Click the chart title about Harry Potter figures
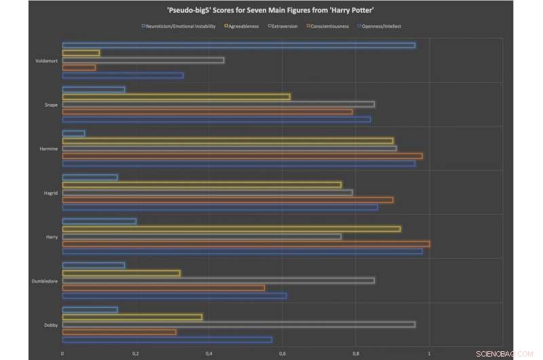271,12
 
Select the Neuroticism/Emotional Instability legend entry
179,26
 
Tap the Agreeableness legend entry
242,26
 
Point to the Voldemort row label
46,60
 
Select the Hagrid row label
50,193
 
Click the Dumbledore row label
45,281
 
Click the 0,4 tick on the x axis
209,353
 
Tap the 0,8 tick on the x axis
356,353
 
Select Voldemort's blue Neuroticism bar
238,45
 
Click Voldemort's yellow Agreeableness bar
81,52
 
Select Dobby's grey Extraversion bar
238,324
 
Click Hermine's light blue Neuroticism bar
73,133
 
